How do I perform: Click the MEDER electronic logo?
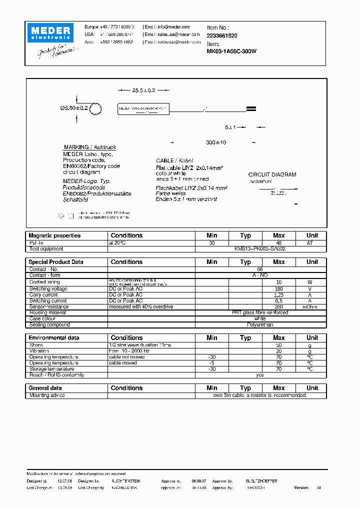(x=51, y=32)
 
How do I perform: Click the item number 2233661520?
(x=222, y=36)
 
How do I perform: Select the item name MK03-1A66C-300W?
(x=231, y=50)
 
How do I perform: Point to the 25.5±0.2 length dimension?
(x=143, y=90)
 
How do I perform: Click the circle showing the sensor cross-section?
(x=96, y=108)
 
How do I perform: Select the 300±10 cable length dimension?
(x=216, y=142)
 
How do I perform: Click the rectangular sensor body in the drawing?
(x=143, y=108)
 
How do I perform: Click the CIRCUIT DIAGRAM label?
(x=272, y=175)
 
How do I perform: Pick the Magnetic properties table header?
(x=54, y=235)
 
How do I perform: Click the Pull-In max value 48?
(x=278, y=242)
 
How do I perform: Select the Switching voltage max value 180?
(x=278, y=289)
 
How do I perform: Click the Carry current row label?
(x=43, y=295)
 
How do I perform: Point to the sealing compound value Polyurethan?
(x=259, y=324)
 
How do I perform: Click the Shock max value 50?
(x=278, y=345)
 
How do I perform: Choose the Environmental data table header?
(x=54, y=338)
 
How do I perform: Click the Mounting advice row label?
(x=46, y=395)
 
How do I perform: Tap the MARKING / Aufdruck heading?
(x=90, y=147)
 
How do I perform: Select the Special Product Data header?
(x=56, y=262)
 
